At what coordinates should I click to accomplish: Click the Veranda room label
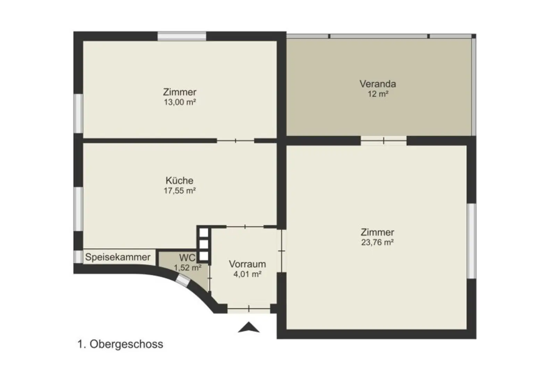tap(378, 84)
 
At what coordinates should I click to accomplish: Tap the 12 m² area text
tap(378, 94)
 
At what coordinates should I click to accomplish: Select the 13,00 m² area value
tap(180, 102)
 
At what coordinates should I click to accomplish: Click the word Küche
tap(179, 181)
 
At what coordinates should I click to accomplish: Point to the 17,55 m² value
tap(180, 191)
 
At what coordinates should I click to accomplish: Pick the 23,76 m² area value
tap(377, 243)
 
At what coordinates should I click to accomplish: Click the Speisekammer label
tap(118, 257)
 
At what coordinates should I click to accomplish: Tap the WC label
tap(187, 258)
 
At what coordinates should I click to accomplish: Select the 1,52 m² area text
tap(187, 268)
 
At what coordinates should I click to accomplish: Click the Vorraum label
tap(247, 264)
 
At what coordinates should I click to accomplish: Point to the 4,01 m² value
tap(247, 274)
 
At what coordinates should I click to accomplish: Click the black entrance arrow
tap(249, 327)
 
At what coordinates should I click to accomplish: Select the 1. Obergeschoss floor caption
tap(120, 344)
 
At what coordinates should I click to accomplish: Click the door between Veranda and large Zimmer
tap(383, 141)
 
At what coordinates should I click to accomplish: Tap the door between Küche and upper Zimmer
tap(236, 141)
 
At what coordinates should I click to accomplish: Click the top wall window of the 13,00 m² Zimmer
tap(182, 36)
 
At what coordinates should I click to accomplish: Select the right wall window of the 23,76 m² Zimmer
tap(471, 241)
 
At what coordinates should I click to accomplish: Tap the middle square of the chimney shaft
tap(204, 244)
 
